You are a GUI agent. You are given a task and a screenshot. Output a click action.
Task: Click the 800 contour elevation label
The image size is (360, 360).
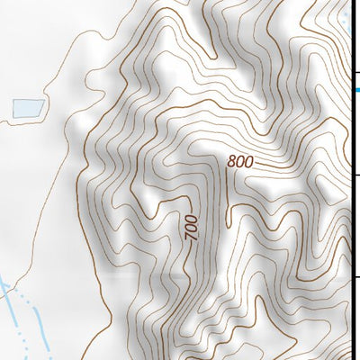(x=240, y=163)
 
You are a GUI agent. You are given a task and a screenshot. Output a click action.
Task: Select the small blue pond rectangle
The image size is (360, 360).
(x=27, y=108)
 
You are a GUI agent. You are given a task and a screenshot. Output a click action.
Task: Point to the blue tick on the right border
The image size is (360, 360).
(x=356, y=89)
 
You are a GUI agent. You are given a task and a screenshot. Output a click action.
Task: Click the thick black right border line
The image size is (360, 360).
(x=351, y=225)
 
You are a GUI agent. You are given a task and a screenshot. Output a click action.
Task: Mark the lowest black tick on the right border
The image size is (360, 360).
(x=356, y=276)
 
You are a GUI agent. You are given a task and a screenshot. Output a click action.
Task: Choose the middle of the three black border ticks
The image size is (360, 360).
(x=356, y=175)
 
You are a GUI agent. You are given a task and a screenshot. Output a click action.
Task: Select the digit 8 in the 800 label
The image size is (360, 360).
(x=232, y=162)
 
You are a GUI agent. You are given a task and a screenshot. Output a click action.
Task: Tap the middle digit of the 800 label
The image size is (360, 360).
(x=240, y=163)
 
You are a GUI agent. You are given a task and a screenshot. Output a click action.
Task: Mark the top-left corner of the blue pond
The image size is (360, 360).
(x=13, y=101)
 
